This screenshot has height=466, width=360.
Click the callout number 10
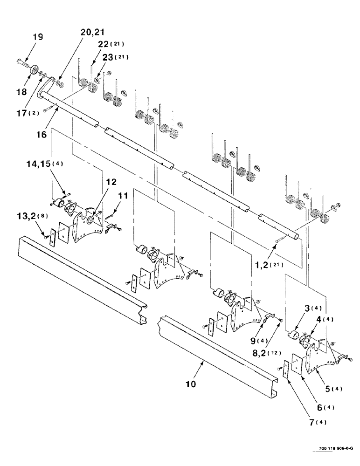[x=192, y=385]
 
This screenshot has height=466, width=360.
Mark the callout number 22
[x=106, y=45]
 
